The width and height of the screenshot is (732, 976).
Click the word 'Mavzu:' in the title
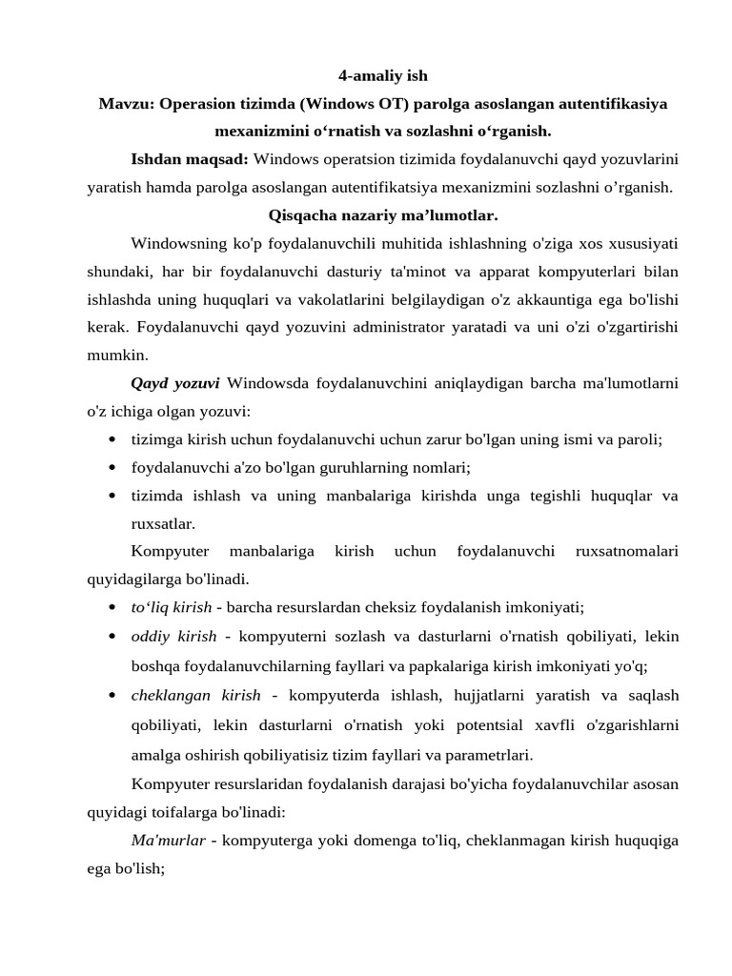pos(127,103)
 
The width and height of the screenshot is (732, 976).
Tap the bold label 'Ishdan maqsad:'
pos(190,157)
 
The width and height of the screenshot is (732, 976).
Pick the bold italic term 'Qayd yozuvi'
pos(175,384)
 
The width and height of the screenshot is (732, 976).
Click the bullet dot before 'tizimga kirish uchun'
pos(112,440)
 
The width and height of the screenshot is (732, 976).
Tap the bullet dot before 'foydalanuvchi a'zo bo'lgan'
pos(112,468)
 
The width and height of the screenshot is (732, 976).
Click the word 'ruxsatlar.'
pos(163,523)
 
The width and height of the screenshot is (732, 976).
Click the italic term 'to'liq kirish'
pos(172,607)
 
